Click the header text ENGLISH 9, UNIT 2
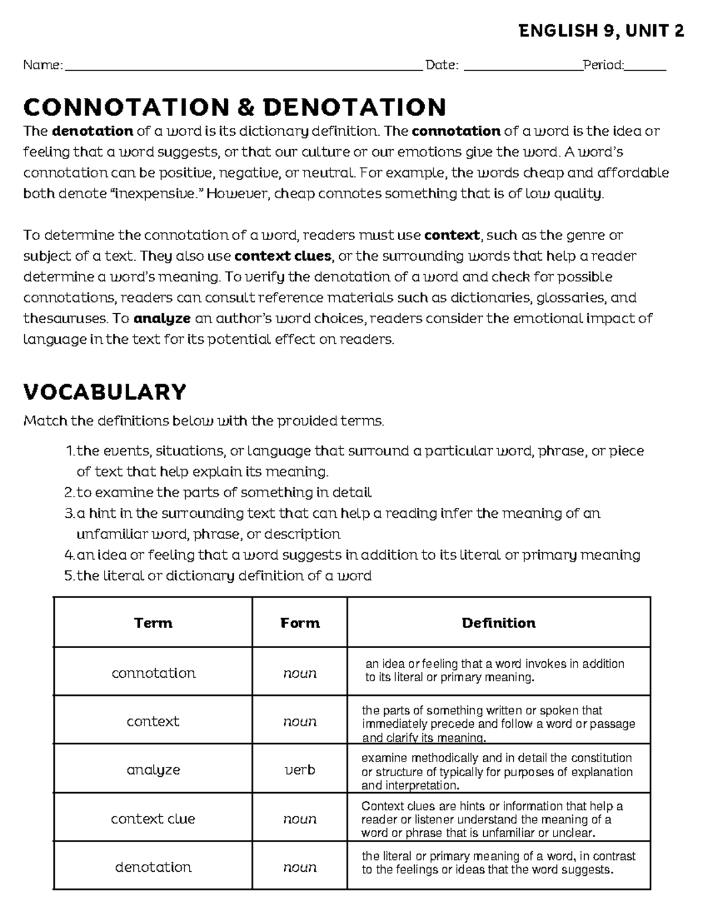pyautogui.click(x=601, y=31)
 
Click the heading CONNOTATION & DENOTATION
pyautogui.click(x=234, y=107)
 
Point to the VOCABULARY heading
pyautogui.click(x=104, y=392)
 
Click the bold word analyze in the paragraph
pyautogui.click(x=162, y=319)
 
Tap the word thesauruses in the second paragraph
pyautogui.click(x=65, y=319)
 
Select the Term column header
pyautogui.click(x=153, y=623)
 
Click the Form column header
pyautogui.click(x=300, y=623)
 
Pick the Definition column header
pyautogui.click(x=499, y=623)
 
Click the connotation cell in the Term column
pyautogui.click(x=153, y=673)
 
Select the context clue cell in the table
pyautogui.click(x=153, y=819)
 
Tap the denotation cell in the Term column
pyautogui.click(x=153, y=867)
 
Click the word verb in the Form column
pyautogui.click(x=300, y=770)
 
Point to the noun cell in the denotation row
pyautogui.click(x=300, y=867)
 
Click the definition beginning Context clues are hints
pyautogui.click(x=491, y=819)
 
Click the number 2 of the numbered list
pyautogui.click(x=68, y=493)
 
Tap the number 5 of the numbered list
pyautogui.click(x=68, y=576)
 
